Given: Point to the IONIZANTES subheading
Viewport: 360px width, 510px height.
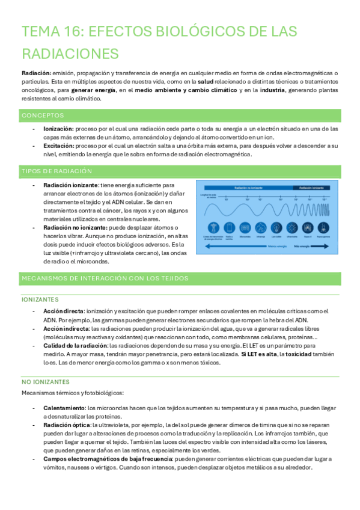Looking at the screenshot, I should tap(40, 298).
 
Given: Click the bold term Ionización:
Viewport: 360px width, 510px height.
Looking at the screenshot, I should tap(58, 129).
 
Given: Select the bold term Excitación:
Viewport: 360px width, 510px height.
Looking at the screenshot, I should tap(58, 146).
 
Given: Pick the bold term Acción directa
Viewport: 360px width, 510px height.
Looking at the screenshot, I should tap(63, 311).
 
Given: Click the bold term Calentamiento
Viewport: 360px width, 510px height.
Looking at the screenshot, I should tap(64, 408).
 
